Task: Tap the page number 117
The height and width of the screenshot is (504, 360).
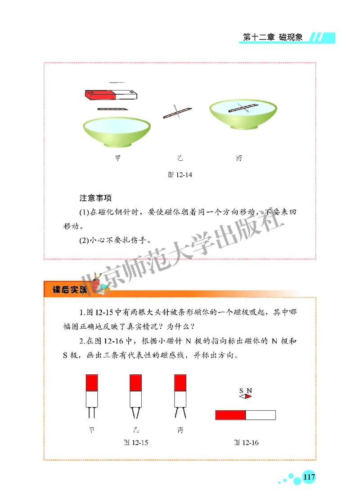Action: click(309, 477)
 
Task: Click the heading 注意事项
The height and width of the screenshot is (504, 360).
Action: click(95, 198)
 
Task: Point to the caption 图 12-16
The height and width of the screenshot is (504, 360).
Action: click(246, 442)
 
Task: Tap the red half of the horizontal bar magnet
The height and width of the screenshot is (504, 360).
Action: click(230, 415)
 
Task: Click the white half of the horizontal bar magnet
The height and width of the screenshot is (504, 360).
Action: click(260, 415)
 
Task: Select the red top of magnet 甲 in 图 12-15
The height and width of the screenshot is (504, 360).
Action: click(91, 382)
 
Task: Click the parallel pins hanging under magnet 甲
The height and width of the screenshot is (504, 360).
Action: click(91, 413)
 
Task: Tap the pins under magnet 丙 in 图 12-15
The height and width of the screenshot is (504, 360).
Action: click(180, 413)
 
